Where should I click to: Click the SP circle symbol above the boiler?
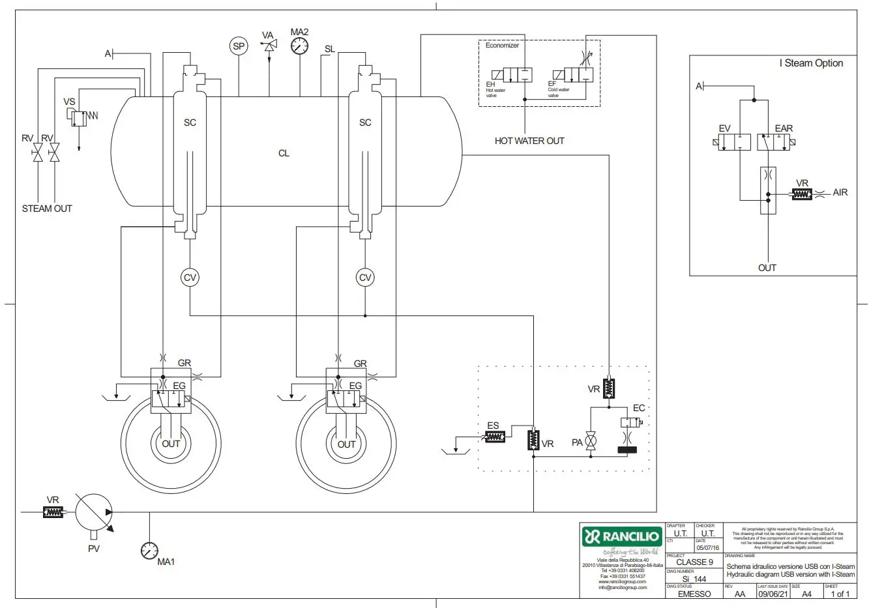239,46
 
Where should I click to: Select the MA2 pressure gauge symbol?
300,46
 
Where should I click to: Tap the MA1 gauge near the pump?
149,551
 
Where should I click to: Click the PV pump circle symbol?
93,512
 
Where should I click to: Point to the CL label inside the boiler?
284,153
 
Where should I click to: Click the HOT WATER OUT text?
529,141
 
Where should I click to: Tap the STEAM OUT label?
47,209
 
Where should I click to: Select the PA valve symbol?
591,442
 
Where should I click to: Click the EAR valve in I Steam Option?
774,141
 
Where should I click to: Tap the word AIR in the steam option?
840,193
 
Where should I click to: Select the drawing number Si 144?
694,579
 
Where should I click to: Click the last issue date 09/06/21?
773,594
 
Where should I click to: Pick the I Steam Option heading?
811,63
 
